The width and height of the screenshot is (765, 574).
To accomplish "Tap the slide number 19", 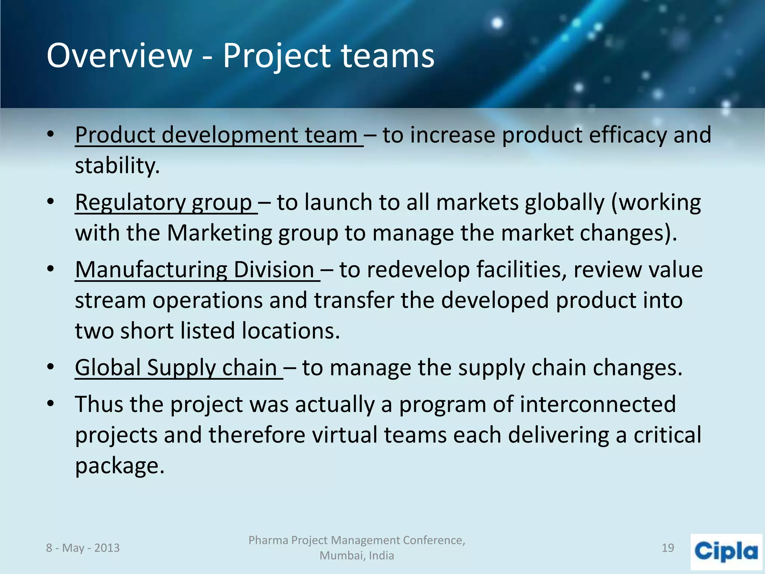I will (668, 548).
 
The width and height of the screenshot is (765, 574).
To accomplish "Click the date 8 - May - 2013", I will (83, 548).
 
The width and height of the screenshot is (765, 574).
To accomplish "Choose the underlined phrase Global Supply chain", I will (176, 368).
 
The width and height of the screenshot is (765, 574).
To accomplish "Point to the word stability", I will (117, 166).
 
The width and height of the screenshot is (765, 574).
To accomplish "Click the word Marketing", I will (219, 233).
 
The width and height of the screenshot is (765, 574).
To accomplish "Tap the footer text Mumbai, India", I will (357, 556).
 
